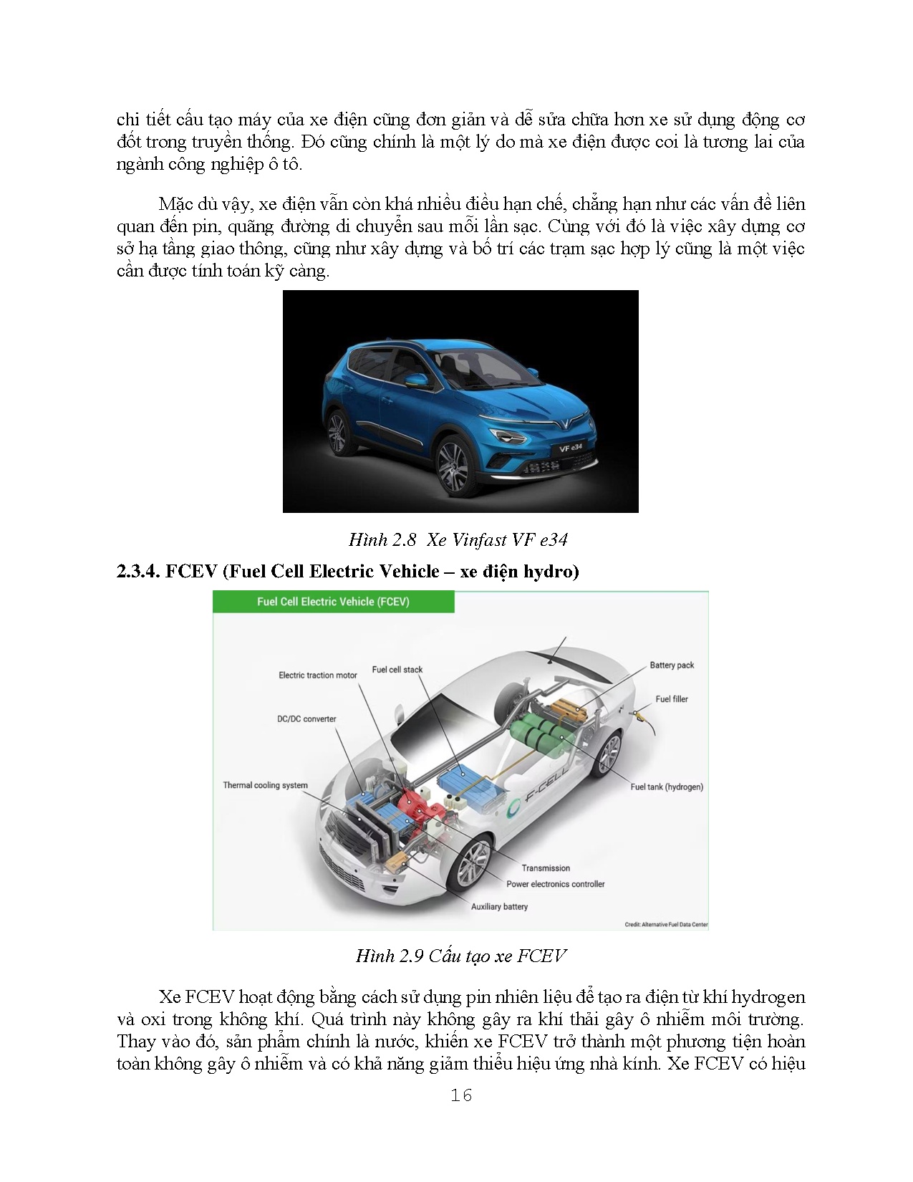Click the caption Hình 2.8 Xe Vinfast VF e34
tap(458, 539)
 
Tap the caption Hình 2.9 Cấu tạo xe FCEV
tap(460, 956)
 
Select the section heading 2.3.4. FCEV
tap(347, 571)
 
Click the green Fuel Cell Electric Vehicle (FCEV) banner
tap(333, 602)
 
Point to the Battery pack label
tap(672, 665)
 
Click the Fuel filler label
tap(672, 698)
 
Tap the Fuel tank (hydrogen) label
tap(667, 787)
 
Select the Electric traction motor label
tap(318, 675)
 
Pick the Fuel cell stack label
tap(397, 670)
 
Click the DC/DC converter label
tap(306, 719)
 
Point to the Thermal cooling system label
tap(265, 785)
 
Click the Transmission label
tap(546, 868)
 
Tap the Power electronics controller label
tap(556, 884)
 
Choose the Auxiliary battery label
tap(499, 907)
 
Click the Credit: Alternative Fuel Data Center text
tap(666, 924)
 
